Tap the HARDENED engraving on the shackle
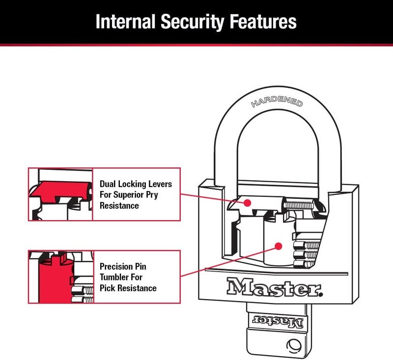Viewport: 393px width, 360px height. [277, 101]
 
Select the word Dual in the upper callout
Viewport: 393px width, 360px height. [109, 184]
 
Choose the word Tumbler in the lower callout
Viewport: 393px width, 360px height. [114, 277]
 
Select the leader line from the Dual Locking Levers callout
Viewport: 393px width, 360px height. [211, 196]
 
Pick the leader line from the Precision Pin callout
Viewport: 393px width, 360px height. [226, 260]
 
